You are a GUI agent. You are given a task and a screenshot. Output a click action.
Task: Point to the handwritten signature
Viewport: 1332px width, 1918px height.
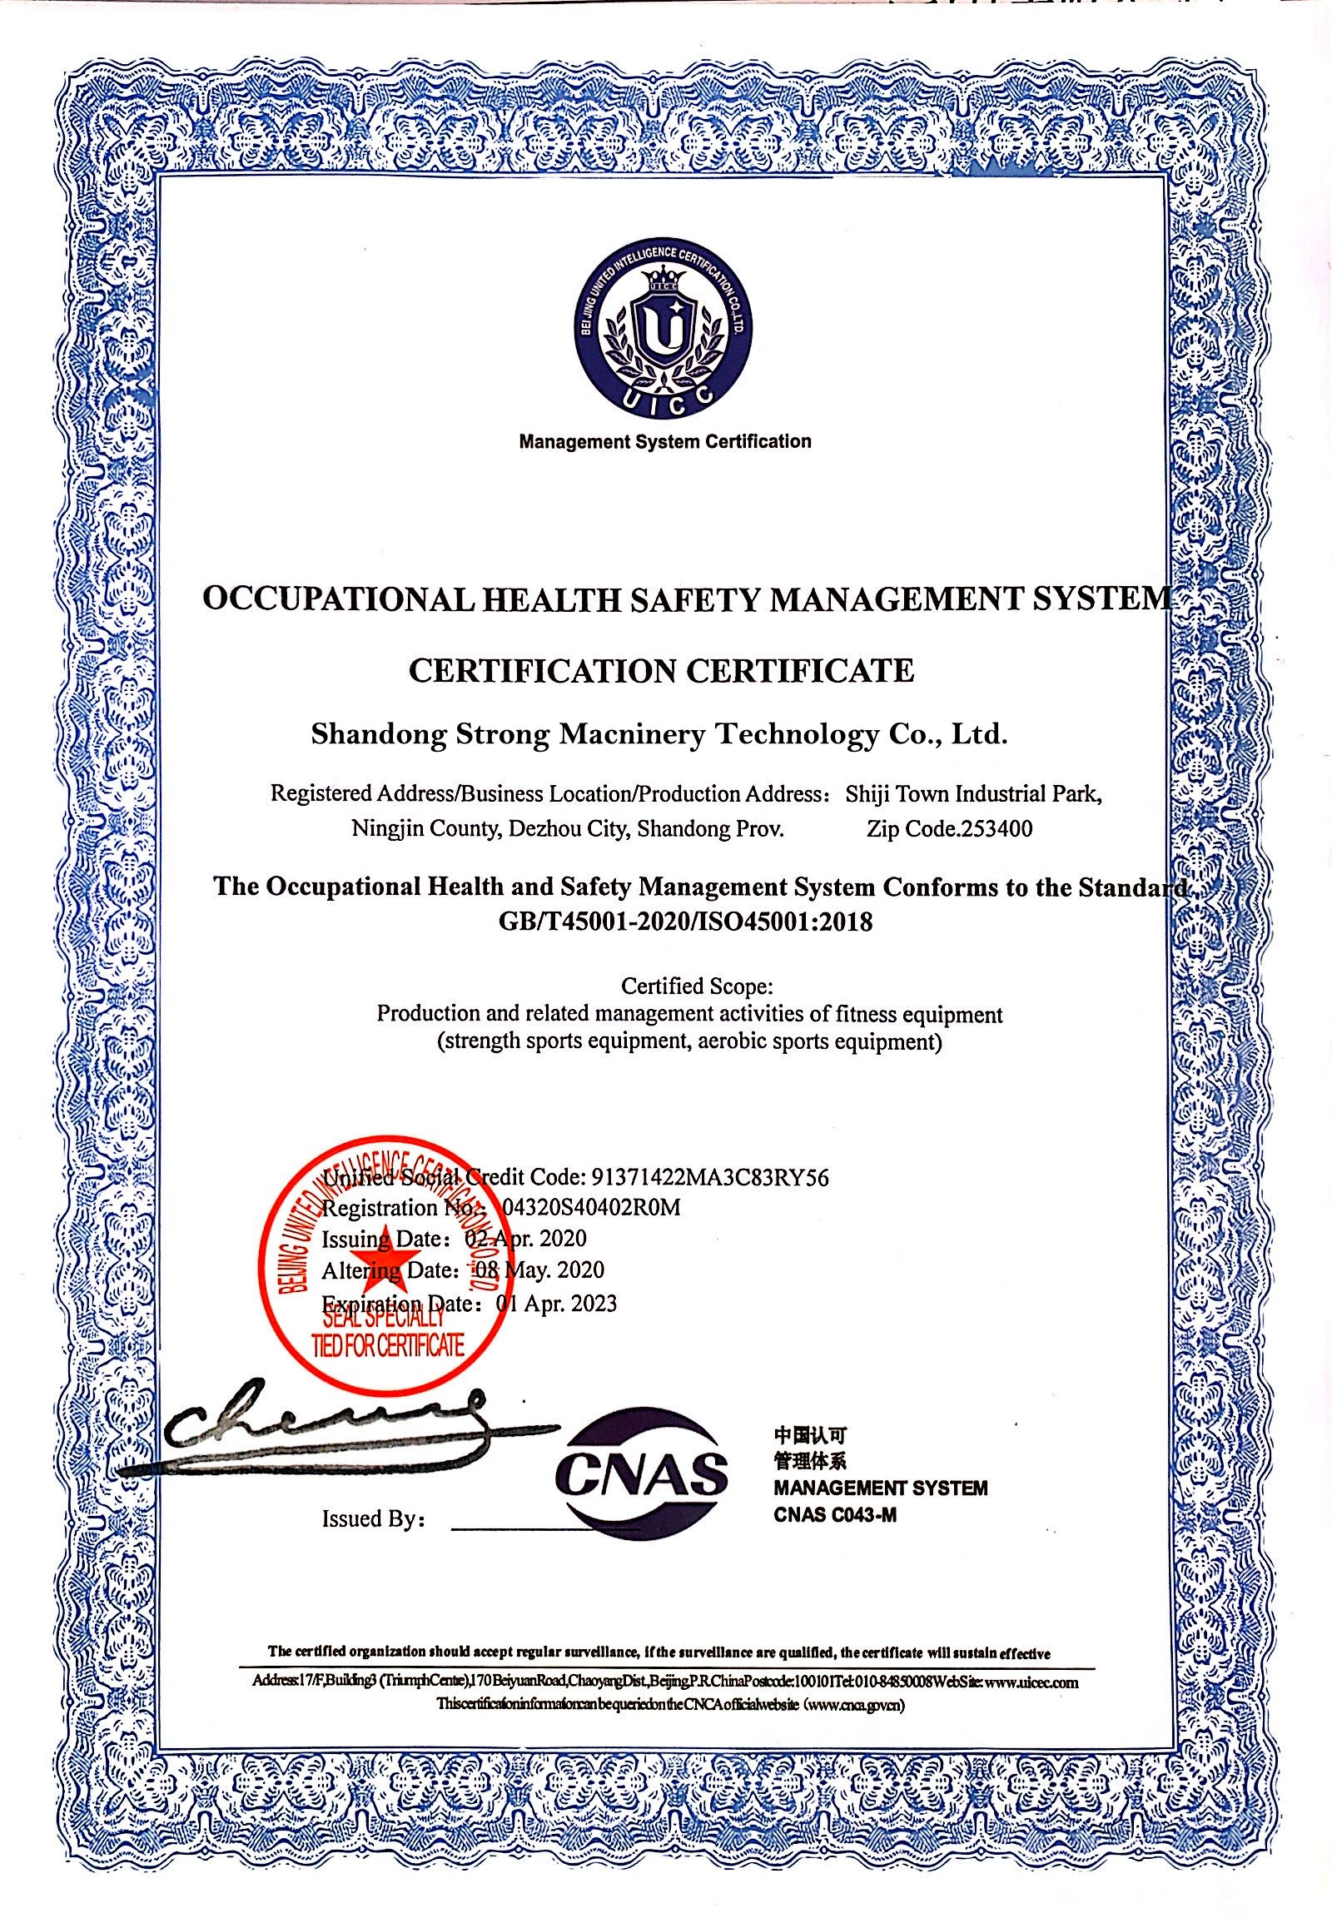point(326,1425)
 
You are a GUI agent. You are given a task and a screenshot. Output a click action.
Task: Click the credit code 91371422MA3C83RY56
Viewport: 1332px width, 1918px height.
point(708,1177)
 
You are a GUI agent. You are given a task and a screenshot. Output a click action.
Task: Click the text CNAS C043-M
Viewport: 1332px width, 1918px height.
point(835,1515)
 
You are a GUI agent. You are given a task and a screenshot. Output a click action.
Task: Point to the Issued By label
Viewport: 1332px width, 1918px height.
point(375,1518)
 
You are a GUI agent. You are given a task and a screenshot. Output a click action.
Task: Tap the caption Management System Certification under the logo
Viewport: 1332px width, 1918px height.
point(664,440)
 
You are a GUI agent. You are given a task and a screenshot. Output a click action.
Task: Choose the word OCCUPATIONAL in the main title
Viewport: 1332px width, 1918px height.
point(334,600)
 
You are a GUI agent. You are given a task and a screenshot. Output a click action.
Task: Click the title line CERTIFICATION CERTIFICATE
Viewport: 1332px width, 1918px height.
point(662,670)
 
